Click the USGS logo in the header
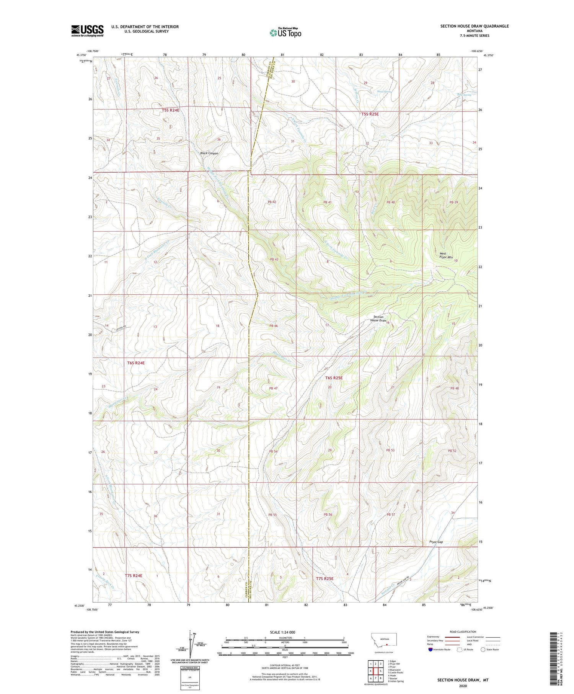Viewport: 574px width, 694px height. pyautogui.click(x=87, y=31)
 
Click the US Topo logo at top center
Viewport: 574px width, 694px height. pyautogui.click(x=285, y=33)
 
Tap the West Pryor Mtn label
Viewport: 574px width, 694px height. pyautogui.click(x=443, y=255)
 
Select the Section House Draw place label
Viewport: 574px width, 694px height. pyautogui.click(x=378, y=318)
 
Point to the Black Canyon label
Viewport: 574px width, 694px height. pyautogui.click(x=209, y=153)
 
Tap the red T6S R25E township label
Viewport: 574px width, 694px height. pyautogui.click(x=334, y=378)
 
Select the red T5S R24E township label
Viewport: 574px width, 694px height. pyautogui.click(x=170, y=110)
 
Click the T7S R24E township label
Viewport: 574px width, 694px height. pyautogui.click(x=134, y=575)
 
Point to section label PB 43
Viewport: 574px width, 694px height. pyautogui.click(x=274, y=260)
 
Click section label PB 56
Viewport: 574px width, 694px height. pyautogui.click(x=328, y=514)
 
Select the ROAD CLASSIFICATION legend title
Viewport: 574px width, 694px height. pyautogui.click(x=463, y=632)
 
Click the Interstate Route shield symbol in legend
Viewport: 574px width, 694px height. pyautogui.click(x=430, y=649)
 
